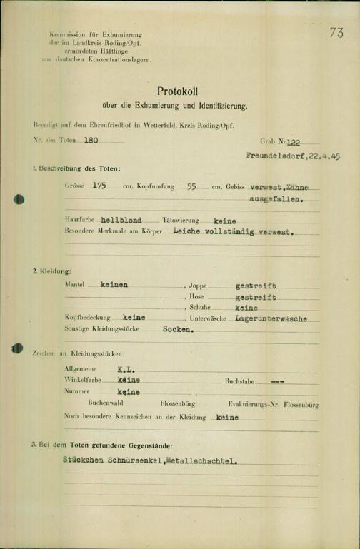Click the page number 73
[337, 32]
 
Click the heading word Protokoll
[179, 92]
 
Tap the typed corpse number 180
[91, 141]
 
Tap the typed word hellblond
[123, 221]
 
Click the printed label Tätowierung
[179, 221]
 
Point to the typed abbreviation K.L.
[126, 370]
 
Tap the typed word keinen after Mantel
[114, 284]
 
